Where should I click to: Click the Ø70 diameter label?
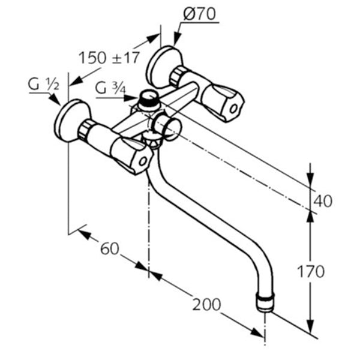(x=199, y=14)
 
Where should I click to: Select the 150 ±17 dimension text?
(x=109, y=58)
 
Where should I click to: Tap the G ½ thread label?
(x=44, y=84)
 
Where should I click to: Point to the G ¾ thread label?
(x=110, y=88)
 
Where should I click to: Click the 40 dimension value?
(x=323, y=201)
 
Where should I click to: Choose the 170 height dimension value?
(x=311, y=272)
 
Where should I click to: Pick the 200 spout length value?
(x=206, y=304)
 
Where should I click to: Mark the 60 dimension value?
(x=110, y=248)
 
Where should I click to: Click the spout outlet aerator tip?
(x=265, y=302)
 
